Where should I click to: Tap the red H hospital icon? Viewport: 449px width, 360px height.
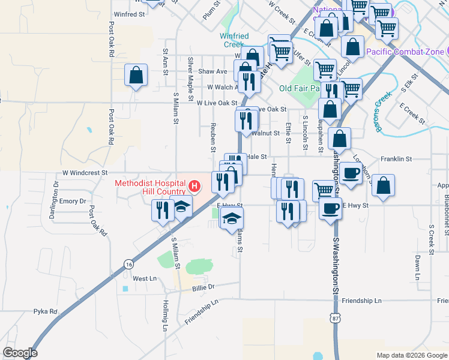pyautogui.click(x=194, y=186)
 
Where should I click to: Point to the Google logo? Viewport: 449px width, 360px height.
pyautogui.click(x=19, y=353)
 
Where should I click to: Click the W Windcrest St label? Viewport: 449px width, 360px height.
pyautogui.click(x=82, y=172)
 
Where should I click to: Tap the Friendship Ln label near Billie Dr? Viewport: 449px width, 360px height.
pyautogui.click(x=198, y=313)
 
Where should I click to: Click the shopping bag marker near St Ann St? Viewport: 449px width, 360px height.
pyautogui.click(x=136, y=76)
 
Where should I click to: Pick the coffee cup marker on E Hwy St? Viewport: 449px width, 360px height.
pyautogui.click(x=330, y=209)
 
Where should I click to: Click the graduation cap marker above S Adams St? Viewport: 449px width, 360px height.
pyautogui.click(x=232, y=218)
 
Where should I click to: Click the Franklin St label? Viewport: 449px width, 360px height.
pyautogui.click(x=396, y=160)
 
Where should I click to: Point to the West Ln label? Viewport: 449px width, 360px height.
pyautogui.click(x=144, y=278)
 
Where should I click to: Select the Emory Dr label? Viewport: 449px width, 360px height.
pyautogui.click(x=73, y=202)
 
